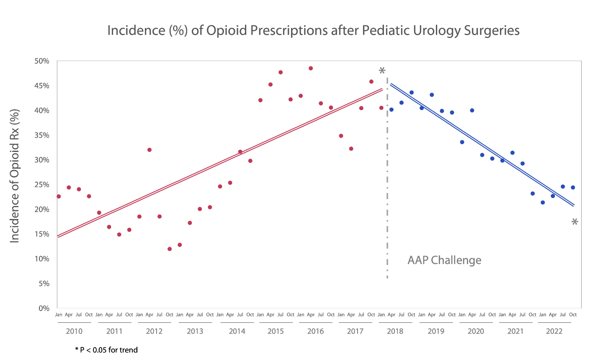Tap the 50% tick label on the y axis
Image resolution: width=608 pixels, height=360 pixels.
(41, 61)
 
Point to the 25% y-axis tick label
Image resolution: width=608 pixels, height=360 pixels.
(41, 185)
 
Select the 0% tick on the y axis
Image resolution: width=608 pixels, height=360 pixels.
(44, 309)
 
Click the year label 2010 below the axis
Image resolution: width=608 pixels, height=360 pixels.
(74, 332)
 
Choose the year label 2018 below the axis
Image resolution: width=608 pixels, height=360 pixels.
(395, 332)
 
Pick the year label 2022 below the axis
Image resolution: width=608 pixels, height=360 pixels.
(554, 332)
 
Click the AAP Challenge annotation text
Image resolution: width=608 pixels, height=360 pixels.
(444, 260)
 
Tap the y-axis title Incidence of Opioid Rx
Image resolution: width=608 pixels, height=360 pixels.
(15, 176)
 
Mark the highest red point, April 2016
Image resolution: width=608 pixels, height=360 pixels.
(311, 68)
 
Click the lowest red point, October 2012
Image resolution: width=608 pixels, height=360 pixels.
(170, 249)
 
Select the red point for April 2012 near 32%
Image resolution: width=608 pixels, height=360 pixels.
(149, 150)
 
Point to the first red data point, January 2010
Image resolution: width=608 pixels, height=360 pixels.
(59, 196)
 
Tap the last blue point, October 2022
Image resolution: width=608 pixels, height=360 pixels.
(573, 188)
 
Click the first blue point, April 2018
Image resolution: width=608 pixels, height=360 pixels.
(392, 110)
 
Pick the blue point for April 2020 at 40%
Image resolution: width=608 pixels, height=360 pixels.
(472, 111)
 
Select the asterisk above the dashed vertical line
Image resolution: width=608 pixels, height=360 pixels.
(382, 71)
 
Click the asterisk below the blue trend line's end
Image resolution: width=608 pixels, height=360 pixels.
(575, 222)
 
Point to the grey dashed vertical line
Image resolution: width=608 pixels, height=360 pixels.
(387, 188)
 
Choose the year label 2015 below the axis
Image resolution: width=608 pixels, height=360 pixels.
(276, 332)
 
